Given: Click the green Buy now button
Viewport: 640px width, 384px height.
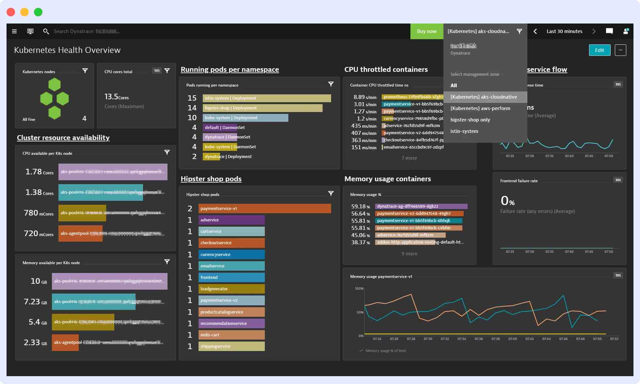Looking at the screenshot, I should click(x=426, y=31).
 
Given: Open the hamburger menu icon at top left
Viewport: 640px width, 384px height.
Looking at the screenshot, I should click(x=14, y=31).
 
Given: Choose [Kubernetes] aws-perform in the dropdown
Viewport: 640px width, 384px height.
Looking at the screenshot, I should click(x=480, y=108).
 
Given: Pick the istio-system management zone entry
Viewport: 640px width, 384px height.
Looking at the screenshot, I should click(x=464, y=131).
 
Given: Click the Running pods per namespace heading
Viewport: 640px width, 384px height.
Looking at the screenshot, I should click(x=230, y=70).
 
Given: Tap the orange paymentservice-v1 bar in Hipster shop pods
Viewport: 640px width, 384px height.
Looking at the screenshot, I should click(x=264, y=209).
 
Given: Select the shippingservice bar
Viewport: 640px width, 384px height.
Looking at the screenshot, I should click(x=231, y=346).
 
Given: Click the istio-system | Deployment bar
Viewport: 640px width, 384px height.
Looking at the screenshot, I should click(x=266, y=98).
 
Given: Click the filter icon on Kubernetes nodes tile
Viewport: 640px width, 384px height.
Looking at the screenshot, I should click(x=85, y=71).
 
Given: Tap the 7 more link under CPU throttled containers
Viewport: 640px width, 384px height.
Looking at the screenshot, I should click(x=409, y=158).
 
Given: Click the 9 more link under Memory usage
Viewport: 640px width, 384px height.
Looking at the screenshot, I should click(x=409, y=254).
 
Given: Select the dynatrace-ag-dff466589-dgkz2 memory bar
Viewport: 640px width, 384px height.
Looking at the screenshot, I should click(x=421, y=206).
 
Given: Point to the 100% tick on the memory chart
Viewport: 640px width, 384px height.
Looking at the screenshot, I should click(x=359, y=289).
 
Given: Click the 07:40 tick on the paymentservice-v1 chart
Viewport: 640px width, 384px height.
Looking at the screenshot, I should click(x=512, y=339).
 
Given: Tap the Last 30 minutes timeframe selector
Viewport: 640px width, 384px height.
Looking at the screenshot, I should click(x=564, y=31).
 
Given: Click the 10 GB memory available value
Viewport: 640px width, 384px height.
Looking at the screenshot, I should click(x=39, y=281).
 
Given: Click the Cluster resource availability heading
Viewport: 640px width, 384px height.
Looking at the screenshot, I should click(x=63, y=138).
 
